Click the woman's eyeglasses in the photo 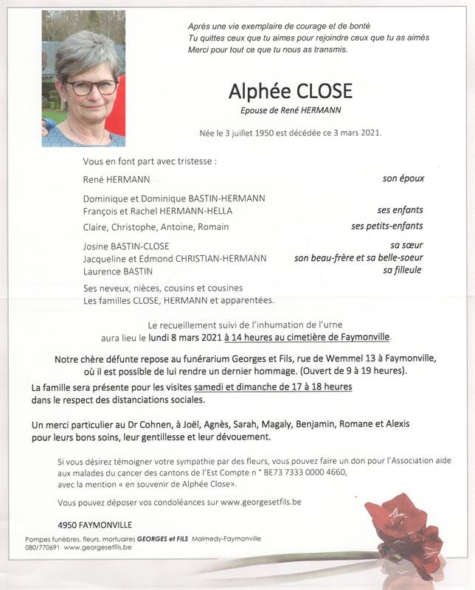coord(91,86)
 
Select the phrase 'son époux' coord(403,178)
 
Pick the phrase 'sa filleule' coord(402,271)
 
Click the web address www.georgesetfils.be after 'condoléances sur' coord(260,502)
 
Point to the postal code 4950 coord(69,524)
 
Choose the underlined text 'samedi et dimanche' coord(236,386)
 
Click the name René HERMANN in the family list coord(117,179)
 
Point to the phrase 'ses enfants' coord(401,210)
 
